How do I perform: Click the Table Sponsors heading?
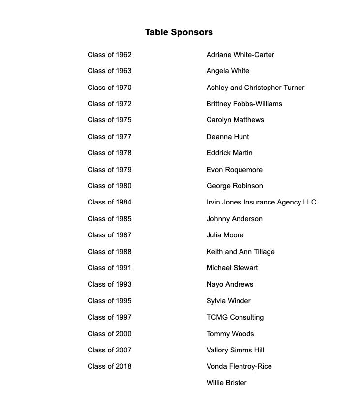[x=179, y=32]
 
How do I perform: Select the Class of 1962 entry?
[x=109, y=55]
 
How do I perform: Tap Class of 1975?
[x=109, y=120]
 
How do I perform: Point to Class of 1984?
[x=109, y=202]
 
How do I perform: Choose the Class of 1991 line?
[x=109, y=268]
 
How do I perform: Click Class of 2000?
[x=109, y=334]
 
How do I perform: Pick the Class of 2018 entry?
[x=109, y=366]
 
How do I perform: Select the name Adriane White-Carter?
[x=240, y=55]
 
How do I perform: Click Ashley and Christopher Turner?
[x=255, y=88]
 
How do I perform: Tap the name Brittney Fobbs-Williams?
[x=244, y=104]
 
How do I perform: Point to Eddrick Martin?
[x=229, y=153]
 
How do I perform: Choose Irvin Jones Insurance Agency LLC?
[x=261, y=202]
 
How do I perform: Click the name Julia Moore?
[x=225, y=235]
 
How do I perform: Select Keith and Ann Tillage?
[x=240, y=252]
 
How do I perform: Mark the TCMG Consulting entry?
[x=235, y=317]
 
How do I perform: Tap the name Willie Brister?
[x=226, y=383]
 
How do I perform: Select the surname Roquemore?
[x=243, y=170]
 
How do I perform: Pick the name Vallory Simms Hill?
[x=235, y=350]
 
